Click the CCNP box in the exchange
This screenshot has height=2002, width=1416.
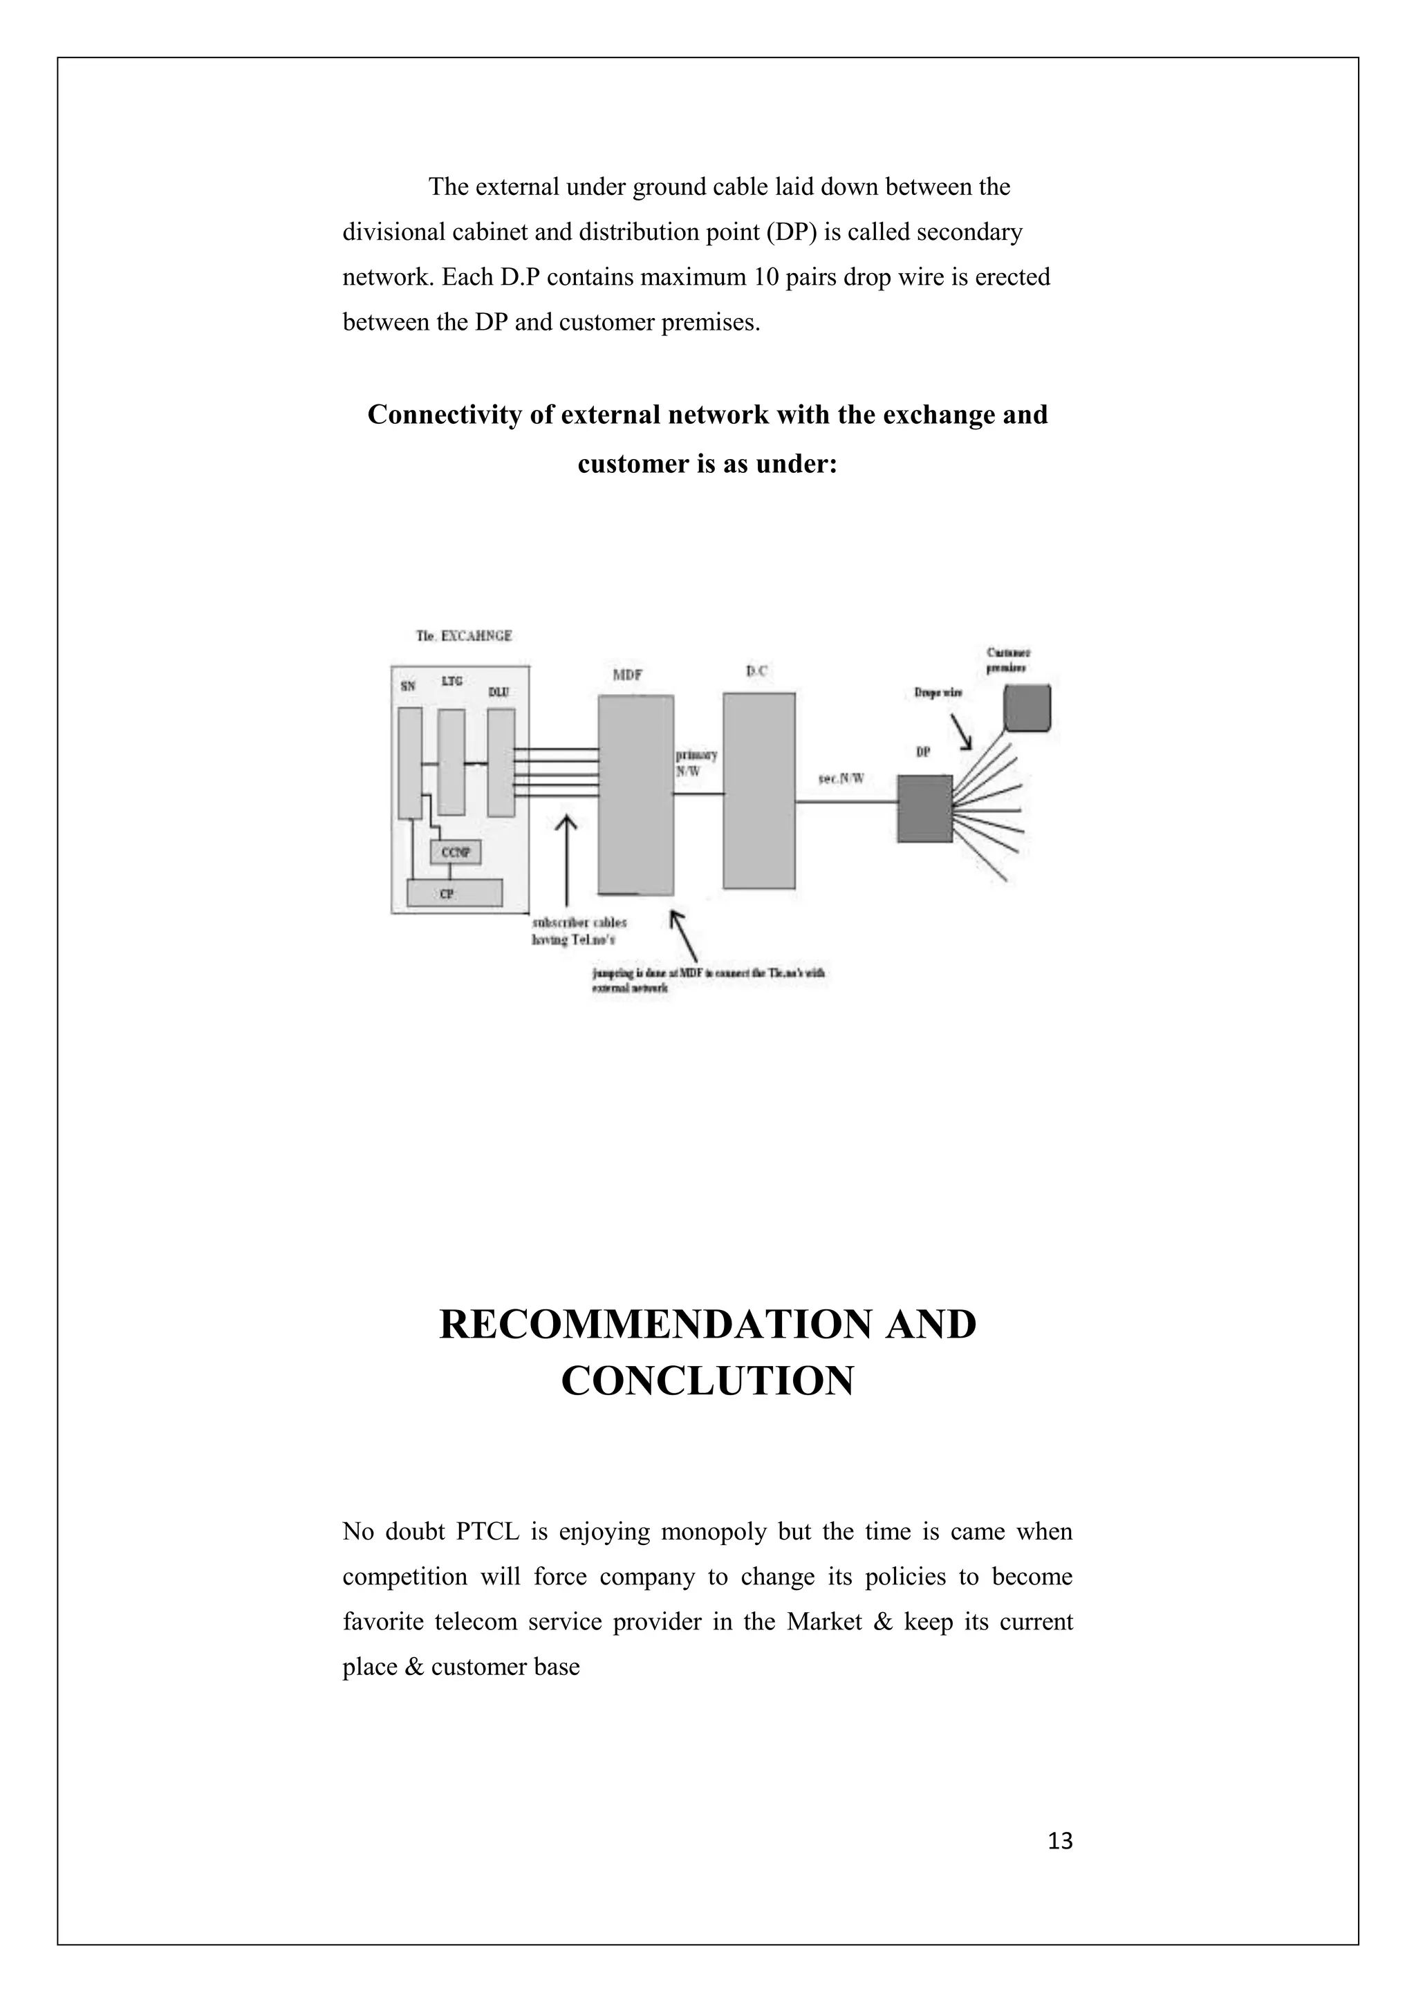(x=455, y=852)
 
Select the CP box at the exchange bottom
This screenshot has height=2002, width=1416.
(x=455, y=893)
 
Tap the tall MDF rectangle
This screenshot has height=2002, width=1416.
(x=635, y=794)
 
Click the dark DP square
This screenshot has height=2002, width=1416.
(x=925, y=808)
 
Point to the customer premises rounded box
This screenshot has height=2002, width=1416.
(x=1027, y=707)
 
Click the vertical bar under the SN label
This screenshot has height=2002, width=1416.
(x=410, y=763)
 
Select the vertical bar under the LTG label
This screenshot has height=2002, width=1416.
(x=451, y=762)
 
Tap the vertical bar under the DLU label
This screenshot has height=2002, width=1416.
(x=501, y=762)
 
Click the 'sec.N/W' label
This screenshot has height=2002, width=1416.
(x=841, y=778)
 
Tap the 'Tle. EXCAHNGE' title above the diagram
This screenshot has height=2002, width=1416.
(x=464, y=636)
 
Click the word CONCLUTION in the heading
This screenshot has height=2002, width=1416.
(x=707, y=1381)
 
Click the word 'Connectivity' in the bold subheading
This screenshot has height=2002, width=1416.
(x=444, y=414)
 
